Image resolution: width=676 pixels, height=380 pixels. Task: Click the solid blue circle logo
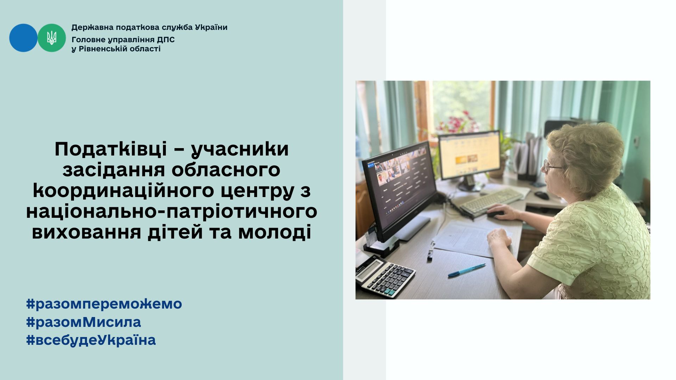23,38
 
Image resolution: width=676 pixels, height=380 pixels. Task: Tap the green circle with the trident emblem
52,38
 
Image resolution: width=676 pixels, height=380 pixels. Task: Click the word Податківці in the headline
111,149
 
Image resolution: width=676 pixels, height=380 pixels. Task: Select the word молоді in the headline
275,232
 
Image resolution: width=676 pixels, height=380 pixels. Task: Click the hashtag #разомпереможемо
104,304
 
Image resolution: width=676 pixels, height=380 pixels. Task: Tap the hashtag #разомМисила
84,322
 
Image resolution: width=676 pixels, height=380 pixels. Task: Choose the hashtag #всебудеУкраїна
91,340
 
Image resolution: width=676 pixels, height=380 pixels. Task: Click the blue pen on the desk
467,270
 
